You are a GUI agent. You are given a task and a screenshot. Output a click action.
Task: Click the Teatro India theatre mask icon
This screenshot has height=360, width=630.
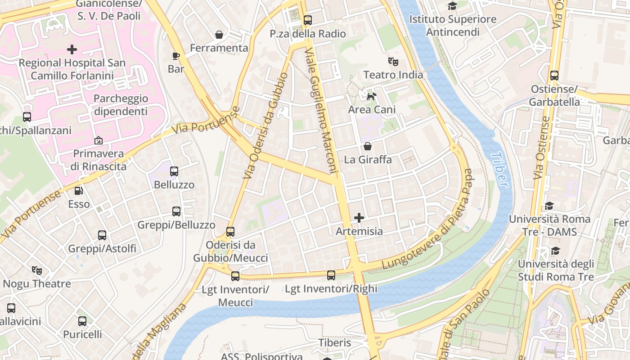click(x=393, y=61)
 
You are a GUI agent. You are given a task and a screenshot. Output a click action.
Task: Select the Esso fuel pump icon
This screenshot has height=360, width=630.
click(x=79, y=191)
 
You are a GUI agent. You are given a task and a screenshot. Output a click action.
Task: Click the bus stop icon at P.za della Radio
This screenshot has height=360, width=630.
click(x=308, y=20)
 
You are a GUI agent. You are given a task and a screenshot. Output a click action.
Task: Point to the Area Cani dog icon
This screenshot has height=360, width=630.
click(x=372, y=96)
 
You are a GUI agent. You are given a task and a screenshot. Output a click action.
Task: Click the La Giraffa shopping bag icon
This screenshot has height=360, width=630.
click(x=368, y=146)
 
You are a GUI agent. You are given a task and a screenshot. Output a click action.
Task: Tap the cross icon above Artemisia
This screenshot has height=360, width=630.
click(x=359, y=218)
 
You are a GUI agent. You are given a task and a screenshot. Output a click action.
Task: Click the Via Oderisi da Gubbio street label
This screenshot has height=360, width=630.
click(x=265, y=126)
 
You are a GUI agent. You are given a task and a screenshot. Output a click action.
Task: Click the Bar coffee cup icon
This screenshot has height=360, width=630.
click(x=176, y=56)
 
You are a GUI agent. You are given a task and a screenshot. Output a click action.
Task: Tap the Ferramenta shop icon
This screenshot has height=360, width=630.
click(x=219, y=35)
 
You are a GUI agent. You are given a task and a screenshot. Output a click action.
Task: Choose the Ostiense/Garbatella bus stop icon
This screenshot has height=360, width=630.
click(x=554, y=76)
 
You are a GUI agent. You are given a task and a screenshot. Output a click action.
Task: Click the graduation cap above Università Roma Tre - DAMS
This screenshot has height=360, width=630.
click(x=549, y=206)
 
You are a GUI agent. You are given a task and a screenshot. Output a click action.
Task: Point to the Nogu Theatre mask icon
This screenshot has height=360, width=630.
click(x=37, y=270)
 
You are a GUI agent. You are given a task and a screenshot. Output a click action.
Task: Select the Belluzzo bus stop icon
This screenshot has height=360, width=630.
click(x=174, y=171)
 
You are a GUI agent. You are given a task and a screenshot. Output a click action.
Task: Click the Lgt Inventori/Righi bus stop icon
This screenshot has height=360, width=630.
click(x=331, y=275)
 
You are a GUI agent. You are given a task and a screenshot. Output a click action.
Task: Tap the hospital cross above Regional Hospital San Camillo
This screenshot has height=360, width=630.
click(x=72, y=49)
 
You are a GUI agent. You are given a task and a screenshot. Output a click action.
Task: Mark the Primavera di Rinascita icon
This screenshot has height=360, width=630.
click(x=99, y=141)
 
